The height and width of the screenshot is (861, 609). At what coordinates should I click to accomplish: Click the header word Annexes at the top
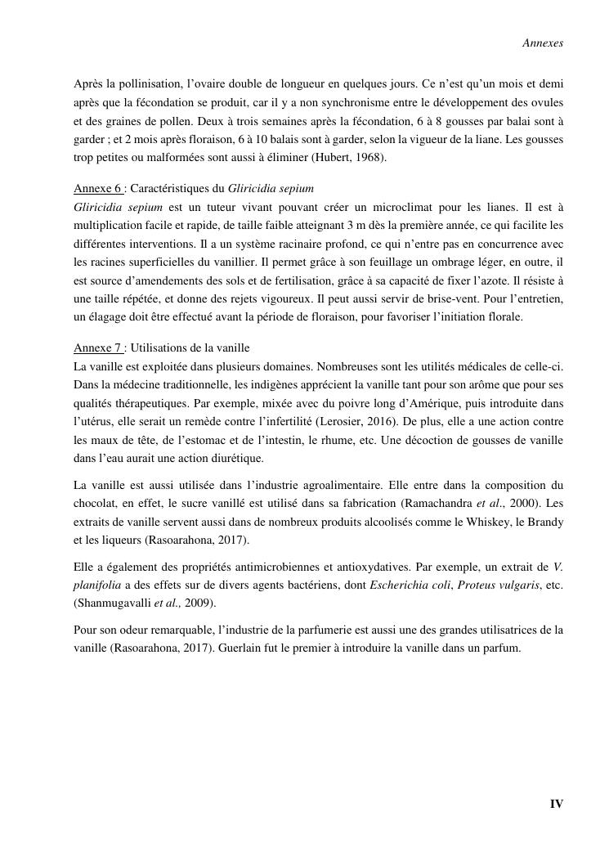543,43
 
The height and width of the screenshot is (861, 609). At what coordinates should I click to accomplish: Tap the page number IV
556,804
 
